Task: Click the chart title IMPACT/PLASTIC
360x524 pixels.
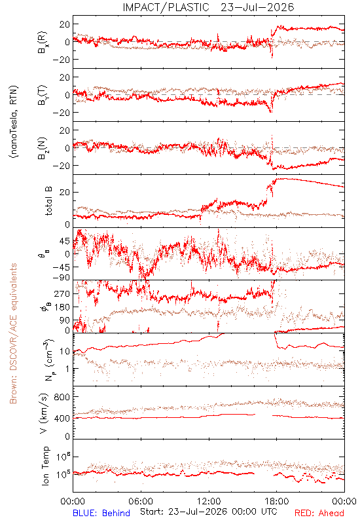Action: coord(166,7)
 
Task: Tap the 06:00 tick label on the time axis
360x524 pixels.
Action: coord(141,501)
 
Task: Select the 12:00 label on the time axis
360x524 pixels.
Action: coord(209,501)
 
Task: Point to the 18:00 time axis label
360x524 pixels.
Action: coord(277,501)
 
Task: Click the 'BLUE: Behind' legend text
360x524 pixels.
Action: coord(101,513)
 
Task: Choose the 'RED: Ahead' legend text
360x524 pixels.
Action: coord(319,513)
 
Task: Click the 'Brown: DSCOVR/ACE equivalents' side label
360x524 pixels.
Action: coord(13,333)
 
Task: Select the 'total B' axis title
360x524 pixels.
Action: coord(48,201)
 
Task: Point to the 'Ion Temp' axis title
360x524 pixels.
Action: coord(46,466)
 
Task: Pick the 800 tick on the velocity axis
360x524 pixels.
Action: coord(62,397)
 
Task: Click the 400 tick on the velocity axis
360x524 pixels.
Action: coord(62,418)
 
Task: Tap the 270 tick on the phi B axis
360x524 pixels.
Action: coord(62,293)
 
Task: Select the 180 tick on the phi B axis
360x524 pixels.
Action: coord(62,307)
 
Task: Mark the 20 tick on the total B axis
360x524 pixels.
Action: coord(65,192)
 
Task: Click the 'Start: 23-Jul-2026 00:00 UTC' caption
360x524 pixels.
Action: coord(209,512)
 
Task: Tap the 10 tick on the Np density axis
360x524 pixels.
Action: coord(65,351)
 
